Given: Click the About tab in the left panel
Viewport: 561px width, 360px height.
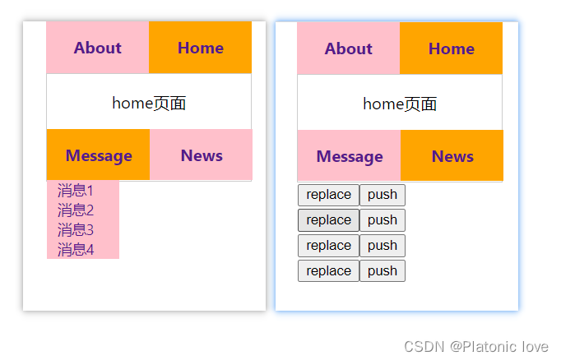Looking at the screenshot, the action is pyautogui.click(x=98, y=48).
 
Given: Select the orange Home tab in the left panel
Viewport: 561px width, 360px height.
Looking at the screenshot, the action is pyautogui.click(x=201, y=48).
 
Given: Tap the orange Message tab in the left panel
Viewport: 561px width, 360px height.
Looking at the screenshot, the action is pyautogui.click(x=99, y=155).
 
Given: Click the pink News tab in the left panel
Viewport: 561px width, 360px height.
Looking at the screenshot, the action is pyautogui.click(x=201, y=155).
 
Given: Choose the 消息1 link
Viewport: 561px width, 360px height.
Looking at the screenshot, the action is pyautogui.click(x=76, y=191).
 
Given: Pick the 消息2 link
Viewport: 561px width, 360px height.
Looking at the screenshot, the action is pyautogui.click(x=76, y=210).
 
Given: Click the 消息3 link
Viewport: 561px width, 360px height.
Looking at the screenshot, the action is pyautogui.click(x=76, y=230).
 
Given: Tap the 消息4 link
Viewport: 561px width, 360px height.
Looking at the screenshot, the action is pyautogui.click(x=76, y=250).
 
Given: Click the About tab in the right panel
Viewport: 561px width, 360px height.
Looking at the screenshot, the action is pyautogui.click(x=349, y=48).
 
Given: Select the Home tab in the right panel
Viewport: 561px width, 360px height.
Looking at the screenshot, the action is pyautogui.click(x=451, y=48).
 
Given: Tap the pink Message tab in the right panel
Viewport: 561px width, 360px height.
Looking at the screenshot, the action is pyautogui.click(x=350, y=155).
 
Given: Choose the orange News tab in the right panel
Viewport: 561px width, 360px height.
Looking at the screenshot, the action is pyautogui.click(x=452, y=155).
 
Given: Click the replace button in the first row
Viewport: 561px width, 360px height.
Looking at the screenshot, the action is pyautogui.click(x=328, y=195).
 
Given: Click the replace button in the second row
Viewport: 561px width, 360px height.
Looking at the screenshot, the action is pyautogui.click(x=328, y=220).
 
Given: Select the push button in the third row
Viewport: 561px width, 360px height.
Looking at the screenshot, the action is pyautogui.click(x=382, y=246).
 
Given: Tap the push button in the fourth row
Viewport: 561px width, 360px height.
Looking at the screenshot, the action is pyautogui.click(x=382, y=271).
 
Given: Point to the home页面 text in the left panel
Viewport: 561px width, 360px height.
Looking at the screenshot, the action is pyautogui.click(x=149, y=104).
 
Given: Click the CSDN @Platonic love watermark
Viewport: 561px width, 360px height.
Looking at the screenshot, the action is pyautogui.click(x=476, y=347).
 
